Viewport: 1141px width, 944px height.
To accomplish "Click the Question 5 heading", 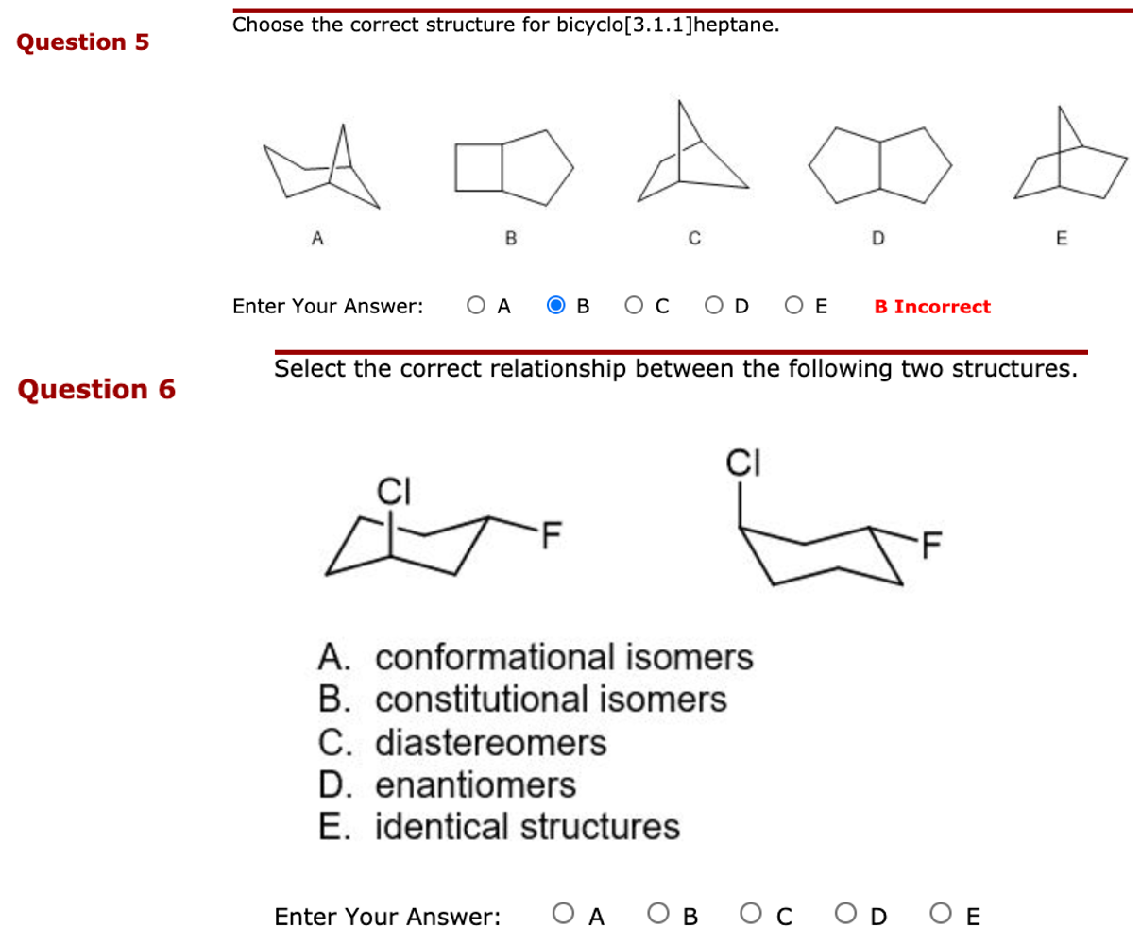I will pyautogui.click(x=83, y=42).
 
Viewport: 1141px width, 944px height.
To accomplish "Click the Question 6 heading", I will pyautogui.click(x=96, y=389).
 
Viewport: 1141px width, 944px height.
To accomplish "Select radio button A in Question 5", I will pyautogui.click(x=477, y=306).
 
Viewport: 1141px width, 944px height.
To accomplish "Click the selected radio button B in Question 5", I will pyautogui.click(x=556, y=306).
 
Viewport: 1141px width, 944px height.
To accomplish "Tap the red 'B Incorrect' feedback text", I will pyautogui.click(x=932, y=307).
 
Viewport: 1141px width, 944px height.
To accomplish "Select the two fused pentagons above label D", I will pyautogui.click(x=878, y=165).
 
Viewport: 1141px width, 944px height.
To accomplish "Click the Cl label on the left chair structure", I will pyautogui.click(x=392, y=492).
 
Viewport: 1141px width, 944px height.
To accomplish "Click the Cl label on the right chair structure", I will pyautogui.click(x=743, y=464).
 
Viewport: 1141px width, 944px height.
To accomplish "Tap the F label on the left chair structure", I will pyautogui.click(x=549, y=537).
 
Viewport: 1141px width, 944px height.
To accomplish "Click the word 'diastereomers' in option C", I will pyautogui.click(x=490, y=743).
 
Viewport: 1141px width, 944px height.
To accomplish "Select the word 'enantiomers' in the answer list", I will pyautogui.click(x=475, y=785).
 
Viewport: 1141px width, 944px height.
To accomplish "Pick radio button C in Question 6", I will pyautogui.click(x=752, y=914).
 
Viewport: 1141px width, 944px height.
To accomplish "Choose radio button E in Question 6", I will pyautogui.click(x=940, y=914).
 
